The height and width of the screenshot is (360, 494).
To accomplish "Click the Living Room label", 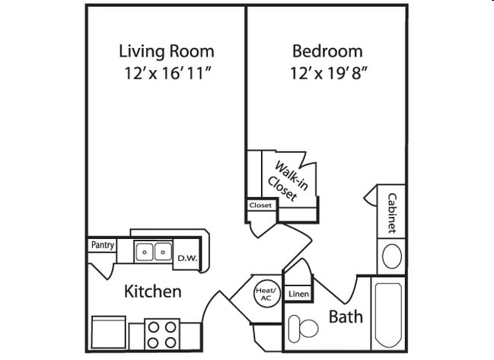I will (x=166, y=52).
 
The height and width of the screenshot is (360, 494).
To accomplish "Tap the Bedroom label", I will (x=327, y=52).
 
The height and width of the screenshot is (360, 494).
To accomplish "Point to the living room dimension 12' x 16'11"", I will (x=166, y=75).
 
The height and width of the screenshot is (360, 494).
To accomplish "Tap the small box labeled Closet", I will (x=260, y=205).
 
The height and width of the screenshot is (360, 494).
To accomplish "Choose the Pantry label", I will (x=102, y=245).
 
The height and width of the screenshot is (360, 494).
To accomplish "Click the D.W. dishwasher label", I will (x=187, y=259).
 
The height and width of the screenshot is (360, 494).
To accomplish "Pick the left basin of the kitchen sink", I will (x=145, y=251).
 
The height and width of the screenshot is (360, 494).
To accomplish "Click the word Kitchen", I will (x=152, y=292).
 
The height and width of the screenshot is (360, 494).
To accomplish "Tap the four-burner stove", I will (x=161, y=333).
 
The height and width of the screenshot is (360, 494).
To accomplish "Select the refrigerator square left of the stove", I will (x=109, y=333).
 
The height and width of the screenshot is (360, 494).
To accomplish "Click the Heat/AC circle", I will (x=264, y=294).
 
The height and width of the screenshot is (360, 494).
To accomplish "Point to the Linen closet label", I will (x=297, y=294).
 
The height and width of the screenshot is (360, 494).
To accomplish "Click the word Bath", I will (x=346, y=316).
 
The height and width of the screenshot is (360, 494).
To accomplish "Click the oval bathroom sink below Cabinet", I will (x=392, y=256).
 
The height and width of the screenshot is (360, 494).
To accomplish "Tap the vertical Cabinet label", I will (x=391, y=212).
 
